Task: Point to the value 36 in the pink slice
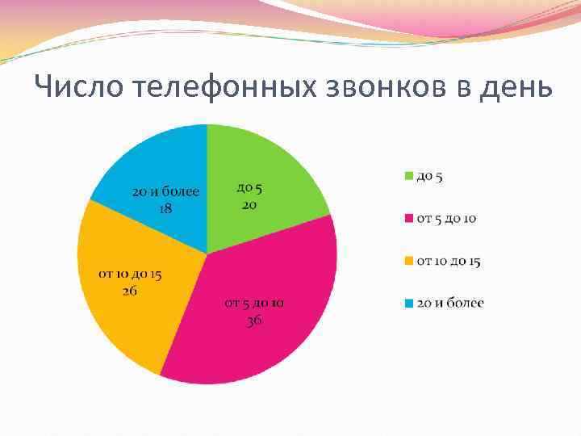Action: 253,320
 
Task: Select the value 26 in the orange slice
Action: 130,291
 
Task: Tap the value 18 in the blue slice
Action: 165,208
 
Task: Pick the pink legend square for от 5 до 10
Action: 409,219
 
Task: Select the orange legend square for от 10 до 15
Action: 409,261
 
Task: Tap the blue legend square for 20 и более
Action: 409,304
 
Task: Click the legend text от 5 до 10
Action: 446,219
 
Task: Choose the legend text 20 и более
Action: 450,304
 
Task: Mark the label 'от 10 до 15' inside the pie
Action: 130,275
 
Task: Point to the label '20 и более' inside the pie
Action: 165,192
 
